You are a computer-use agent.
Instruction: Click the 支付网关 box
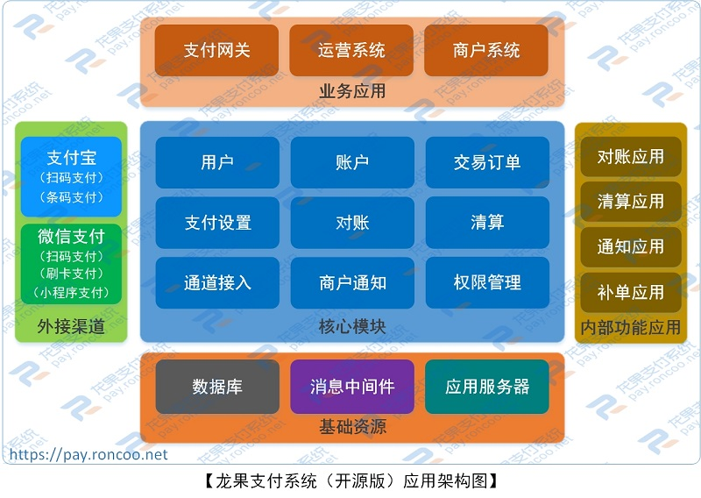[x=216, y=50]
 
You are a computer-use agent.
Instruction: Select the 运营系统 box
[x=351, y=50]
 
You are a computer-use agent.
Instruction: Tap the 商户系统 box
[x=486, y=50]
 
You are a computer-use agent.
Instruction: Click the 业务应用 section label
[x=352, y=90]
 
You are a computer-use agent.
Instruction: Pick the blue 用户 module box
[x=217, y=162]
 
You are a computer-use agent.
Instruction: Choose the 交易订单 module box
[x=487, y=162]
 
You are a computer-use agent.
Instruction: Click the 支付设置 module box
[x=217, y=223]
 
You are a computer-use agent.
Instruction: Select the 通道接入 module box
[x=217, y=282]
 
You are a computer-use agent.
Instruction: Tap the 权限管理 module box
[x=487, y=282]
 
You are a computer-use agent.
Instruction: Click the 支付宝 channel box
[x=72, y=176]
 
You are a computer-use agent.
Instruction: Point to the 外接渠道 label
[x=71, y=327]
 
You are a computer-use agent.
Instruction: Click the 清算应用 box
[x=631, y=202]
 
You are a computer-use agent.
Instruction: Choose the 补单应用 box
[x=631, y=292]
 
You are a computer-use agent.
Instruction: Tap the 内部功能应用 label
[x=631, y=327]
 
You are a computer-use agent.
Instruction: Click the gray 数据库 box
[x=217, y=387]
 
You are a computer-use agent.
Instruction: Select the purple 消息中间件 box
[x=352, y=387]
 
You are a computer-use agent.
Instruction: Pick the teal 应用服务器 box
[x=487, y=387]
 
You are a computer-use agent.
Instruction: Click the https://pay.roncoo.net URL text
[x=88, y=455]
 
